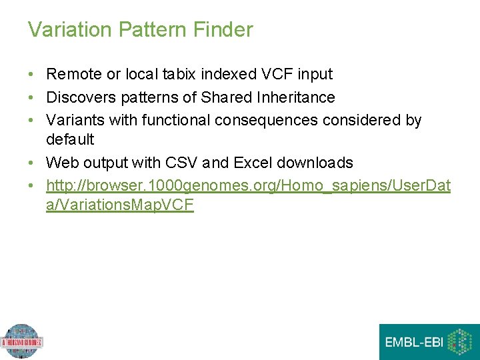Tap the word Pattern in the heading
(x=151, y=30)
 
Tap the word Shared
(x=225, y=97)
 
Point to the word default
(x=70, y=139)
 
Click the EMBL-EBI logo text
(x=413, y=343)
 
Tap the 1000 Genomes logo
(x=21, y=342)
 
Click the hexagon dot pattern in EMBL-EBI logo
(x=459, y=343)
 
